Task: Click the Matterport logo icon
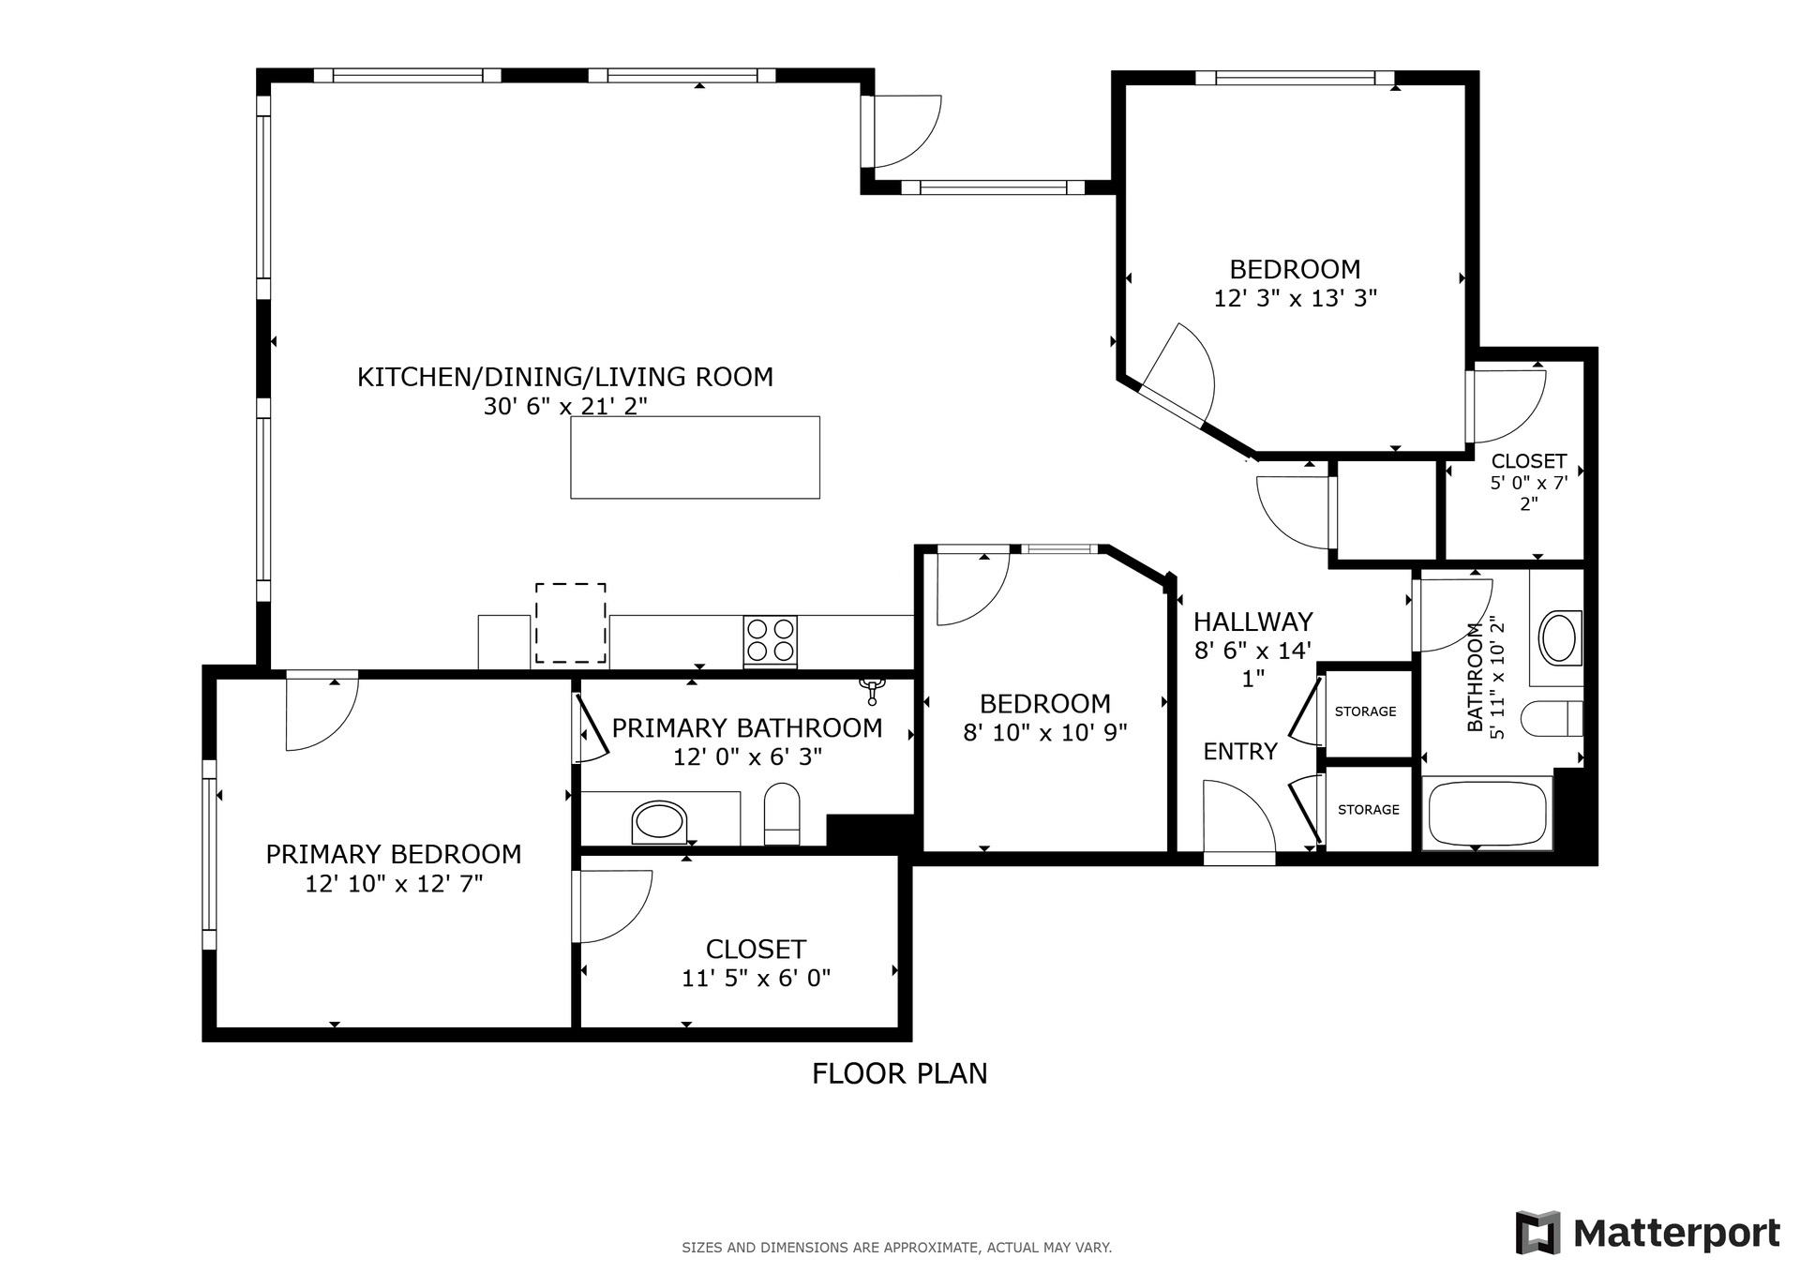[1537, 1233]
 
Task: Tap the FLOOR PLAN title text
[899, 1073]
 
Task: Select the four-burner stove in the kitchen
[771, 640]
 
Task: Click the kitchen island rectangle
[695, 457]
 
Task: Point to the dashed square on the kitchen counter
[570, 623]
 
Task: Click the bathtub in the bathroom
[1487, 813]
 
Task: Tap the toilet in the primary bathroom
[782, 815]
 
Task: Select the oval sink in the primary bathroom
[660, 821]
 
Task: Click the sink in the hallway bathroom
[1559, 637]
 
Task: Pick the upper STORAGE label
[1365, 711]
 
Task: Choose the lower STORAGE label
[1368, 810]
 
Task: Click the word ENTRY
[1240, 752]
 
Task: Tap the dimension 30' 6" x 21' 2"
[565, 406]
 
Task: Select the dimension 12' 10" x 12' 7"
[394, 883]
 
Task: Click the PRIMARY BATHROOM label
[747, 728]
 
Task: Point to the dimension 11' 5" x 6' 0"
[756, 979]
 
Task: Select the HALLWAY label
[1252, 622]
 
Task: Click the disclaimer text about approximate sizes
[896, 1248]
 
